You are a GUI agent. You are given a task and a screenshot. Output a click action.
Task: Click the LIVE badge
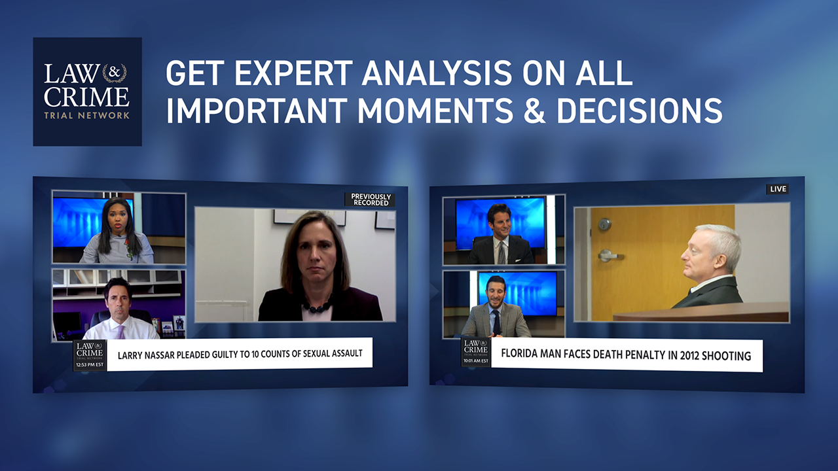778,189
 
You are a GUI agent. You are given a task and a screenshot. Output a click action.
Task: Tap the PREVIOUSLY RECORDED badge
371,200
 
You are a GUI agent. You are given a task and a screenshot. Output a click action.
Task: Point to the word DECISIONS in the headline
640,111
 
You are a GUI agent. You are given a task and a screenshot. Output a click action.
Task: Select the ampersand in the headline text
535,111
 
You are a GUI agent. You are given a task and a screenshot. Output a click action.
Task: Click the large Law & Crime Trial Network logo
87,92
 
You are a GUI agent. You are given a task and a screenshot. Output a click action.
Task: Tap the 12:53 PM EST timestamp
90,365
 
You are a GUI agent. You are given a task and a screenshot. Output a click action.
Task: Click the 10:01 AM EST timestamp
475,361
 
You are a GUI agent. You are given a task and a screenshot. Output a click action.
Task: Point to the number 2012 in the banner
689,355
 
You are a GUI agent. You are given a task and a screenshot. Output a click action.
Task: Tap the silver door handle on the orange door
609,256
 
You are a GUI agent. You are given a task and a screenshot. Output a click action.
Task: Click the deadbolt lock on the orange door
604,224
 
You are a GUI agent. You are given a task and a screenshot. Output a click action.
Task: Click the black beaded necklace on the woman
318,306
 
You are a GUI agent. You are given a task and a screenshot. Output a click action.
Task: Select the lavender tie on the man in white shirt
120,332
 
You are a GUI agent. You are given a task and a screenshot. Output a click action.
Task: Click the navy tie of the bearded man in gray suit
496,323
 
